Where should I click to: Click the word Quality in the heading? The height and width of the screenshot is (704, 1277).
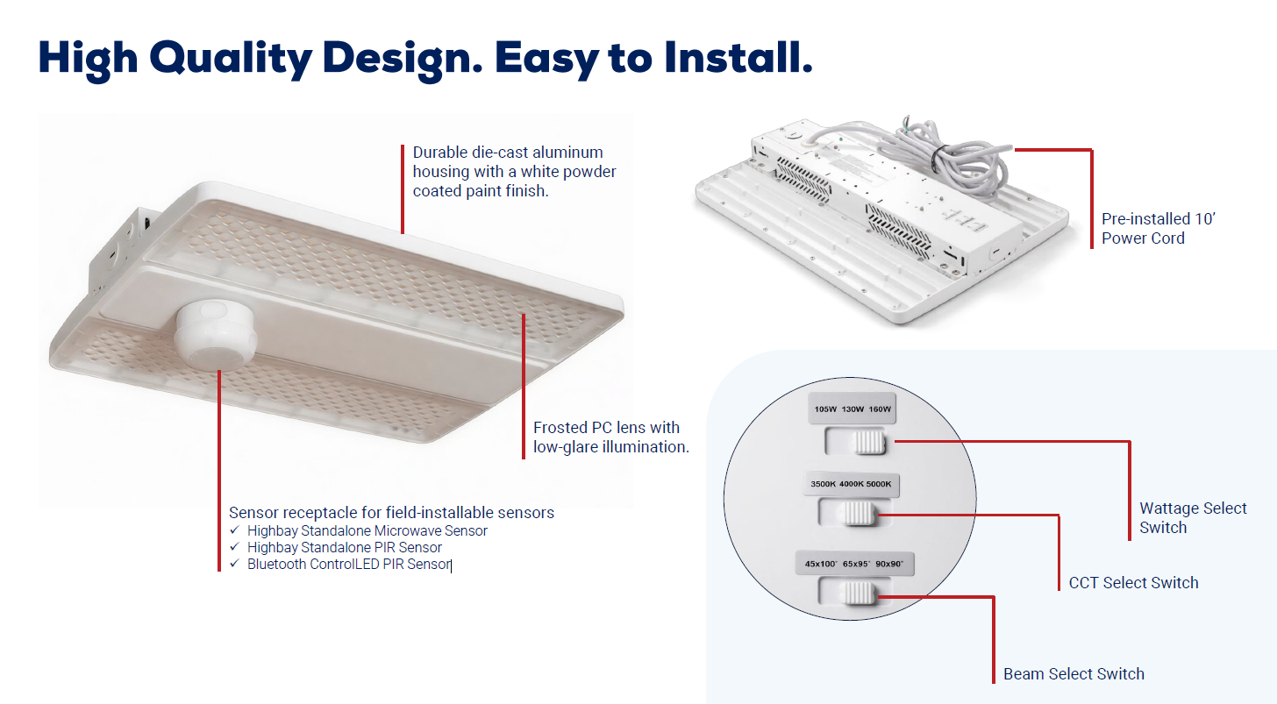click(x=230, y=59)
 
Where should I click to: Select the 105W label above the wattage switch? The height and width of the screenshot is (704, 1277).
click(x=826, y=409)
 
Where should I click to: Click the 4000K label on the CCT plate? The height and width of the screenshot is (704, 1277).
click(x=851, y=484)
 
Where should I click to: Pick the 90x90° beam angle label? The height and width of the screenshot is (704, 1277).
click(x=895, y=563)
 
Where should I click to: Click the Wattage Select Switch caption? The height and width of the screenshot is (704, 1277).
click(x=1193, y=517)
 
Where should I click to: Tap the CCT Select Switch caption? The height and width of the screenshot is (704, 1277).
click(x=1133, y=583)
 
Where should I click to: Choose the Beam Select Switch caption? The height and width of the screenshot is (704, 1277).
click(x=1074, y=674)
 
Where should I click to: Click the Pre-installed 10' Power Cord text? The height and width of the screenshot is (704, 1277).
click(x=1158, y=229)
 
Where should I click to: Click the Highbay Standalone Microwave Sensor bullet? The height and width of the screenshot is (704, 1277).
click(x=367, y=530)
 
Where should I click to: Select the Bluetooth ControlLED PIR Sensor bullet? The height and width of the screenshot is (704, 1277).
click(x=348, y=564)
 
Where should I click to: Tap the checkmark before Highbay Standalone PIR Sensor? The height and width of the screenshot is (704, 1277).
click(x=233, y=547)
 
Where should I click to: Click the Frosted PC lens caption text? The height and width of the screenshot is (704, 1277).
click(x=610, y=437)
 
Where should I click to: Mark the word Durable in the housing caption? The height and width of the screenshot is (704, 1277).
click(x=437, y=153)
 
